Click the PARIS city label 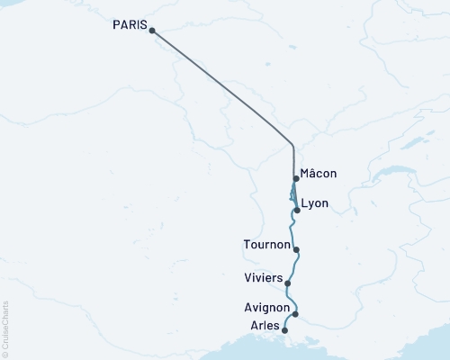pos(130,24)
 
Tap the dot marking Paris pos(151,31)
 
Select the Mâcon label pos(319,174)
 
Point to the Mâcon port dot pos(295,178)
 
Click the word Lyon pos(314,203)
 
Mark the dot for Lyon pos(296,210)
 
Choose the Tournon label pos(266,245)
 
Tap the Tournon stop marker pos(296,249)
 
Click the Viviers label pos(263,277)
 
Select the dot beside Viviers pos(288,283)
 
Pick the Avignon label pos(265,308)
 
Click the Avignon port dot pos(295,314)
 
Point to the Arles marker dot pos(285,330)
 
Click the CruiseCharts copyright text pos(6,329)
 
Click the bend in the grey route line pos(293,145)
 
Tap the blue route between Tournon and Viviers pos(293,266)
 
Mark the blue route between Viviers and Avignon pos(292,299)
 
